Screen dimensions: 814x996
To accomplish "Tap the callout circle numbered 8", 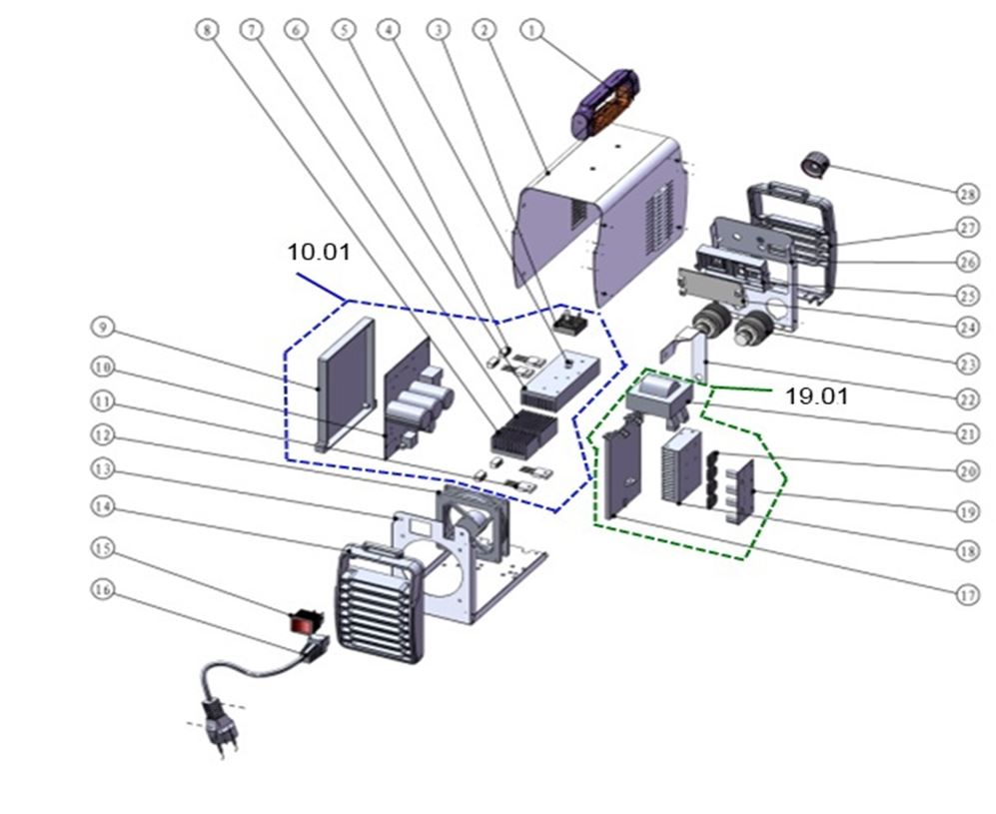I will pyautogui.click(x=207, y=30).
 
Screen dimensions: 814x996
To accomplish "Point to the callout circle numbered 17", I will pyautogui.click(x=967, y=595).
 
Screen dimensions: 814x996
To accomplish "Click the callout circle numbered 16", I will pyautogui.click(x=101, y=590).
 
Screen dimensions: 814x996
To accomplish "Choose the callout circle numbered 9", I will pyautogui.click(x=101, y=327).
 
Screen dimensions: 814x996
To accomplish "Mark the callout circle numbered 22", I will pyautogui.click(x=967, y=400).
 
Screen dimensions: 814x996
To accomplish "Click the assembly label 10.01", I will pyautogui.click(x=319, y=253).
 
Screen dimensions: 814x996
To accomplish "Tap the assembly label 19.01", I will pyautogui.click(x=815, y=397).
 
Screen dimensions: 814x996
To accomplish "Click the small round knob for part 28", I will pyautogui.click(x=819, y=163).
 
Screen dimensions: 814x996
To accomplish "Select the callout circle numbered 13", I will pyautogui.click(x=101, y=474).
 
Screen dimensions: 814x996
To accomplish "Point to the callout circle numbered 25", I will pyautogui.click(x=967, y=296).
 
